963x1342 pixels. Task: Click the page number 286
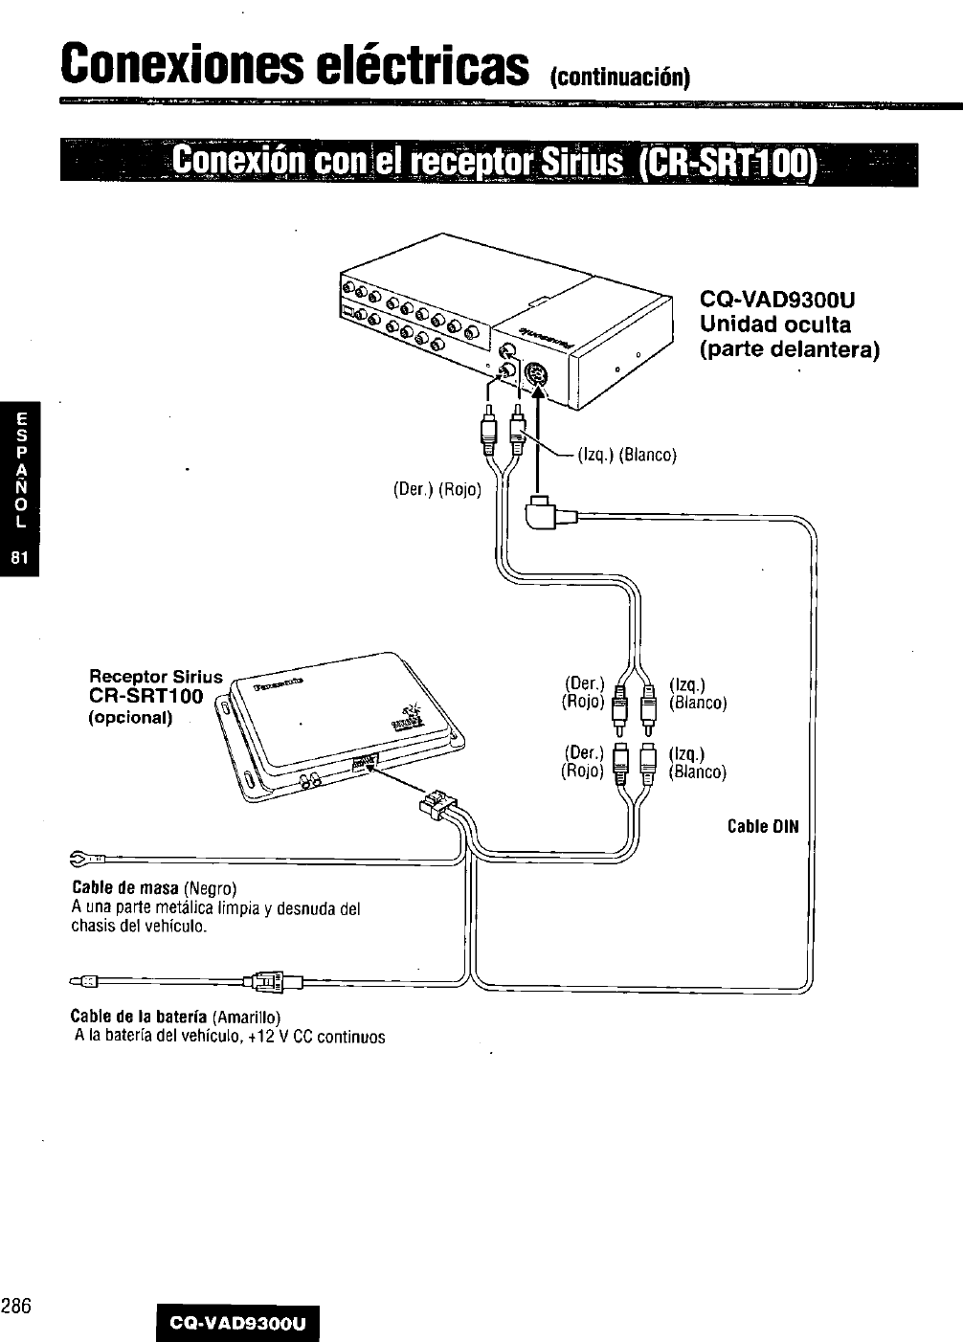(x=17, y=1305)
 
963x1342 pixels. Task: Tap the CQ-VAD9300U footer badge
(x=237, y=1324)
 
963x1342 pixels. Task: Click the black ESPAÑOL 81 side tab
(x=20, y=488)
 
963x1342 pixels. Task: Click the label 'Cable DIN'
(x=762, y=826)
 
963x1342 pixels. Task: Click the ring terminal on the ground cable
(x=81, y=856)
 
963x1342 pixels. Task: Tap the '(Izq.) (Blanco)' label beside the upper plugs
(x=627, y=455)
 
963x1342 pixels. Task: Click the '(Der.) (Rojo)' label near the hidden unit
(x=437, y=490)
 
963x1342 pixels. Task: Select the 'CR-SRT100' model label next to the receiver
(x=146, y=696)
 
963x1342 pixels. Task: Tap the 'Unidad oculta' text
(x=775, y=324)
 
